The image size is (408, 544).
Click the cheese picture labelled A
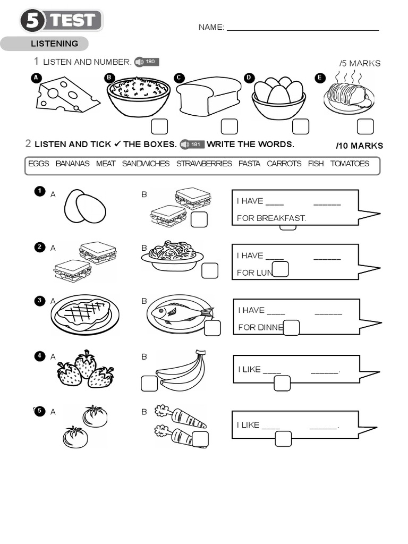(x=66, y=95)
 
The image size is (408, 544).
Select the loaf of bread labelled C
(x=208, y=96)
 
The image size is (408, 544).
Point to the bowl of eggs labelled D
(x=278, y=98)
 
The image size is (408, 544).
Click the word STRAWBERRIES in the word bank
(x=204, y=164)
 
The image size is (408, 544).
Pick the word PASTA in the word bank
(x=249, y=164)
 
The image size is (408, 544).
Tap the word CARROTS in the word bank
(x=284, y=164)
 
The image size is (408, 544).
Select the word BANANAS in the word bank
(x=72, y=164)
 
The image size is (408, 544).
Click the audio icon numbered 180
(x=147, y=62)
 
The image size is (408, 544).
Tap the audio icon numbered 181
(x=192, y=144)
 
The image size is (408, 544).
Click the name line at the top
(x=302, y=27)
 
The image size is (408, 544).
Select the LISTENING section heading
(x=54, y=44)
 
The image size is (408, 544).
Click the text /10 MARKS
(x=359, y=146)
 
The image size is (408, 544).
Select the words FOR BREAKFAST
(x=271, y=218)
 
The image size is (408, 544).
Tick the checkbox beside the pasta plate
(x=210, y=271)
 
